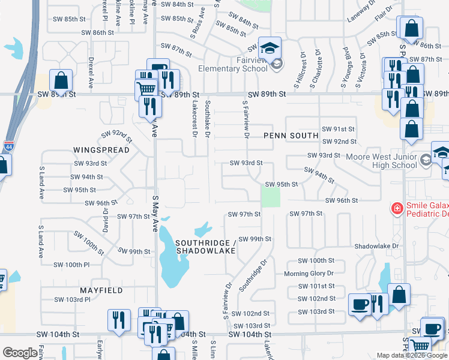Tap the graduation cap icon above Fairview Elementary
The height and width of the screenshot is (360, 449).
[270, 47]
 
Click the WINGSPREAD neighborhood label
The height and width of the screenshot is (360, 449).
[94, 149]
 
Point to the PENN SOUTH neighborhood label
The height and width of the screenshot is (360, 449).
[291, 136]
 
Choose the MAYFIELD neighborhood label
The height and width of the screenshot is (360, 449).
[101, 290]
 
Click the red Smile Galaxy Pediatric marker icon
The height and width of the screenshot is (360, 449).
[397, 209]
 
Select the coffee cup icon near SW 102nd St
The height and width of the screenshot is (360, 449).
[360, 304]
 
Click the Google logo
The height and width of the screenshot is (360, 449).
[20, 353]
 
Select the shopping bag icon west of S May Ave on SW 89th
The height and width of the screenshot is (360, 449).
[61, 80]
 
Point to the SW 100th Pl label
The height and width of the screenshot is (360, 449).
[71, 265]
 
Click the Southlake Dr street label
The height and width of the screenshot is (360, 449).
[207, 117]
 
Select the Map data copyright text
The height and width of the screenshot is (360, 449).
[412, 355]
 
